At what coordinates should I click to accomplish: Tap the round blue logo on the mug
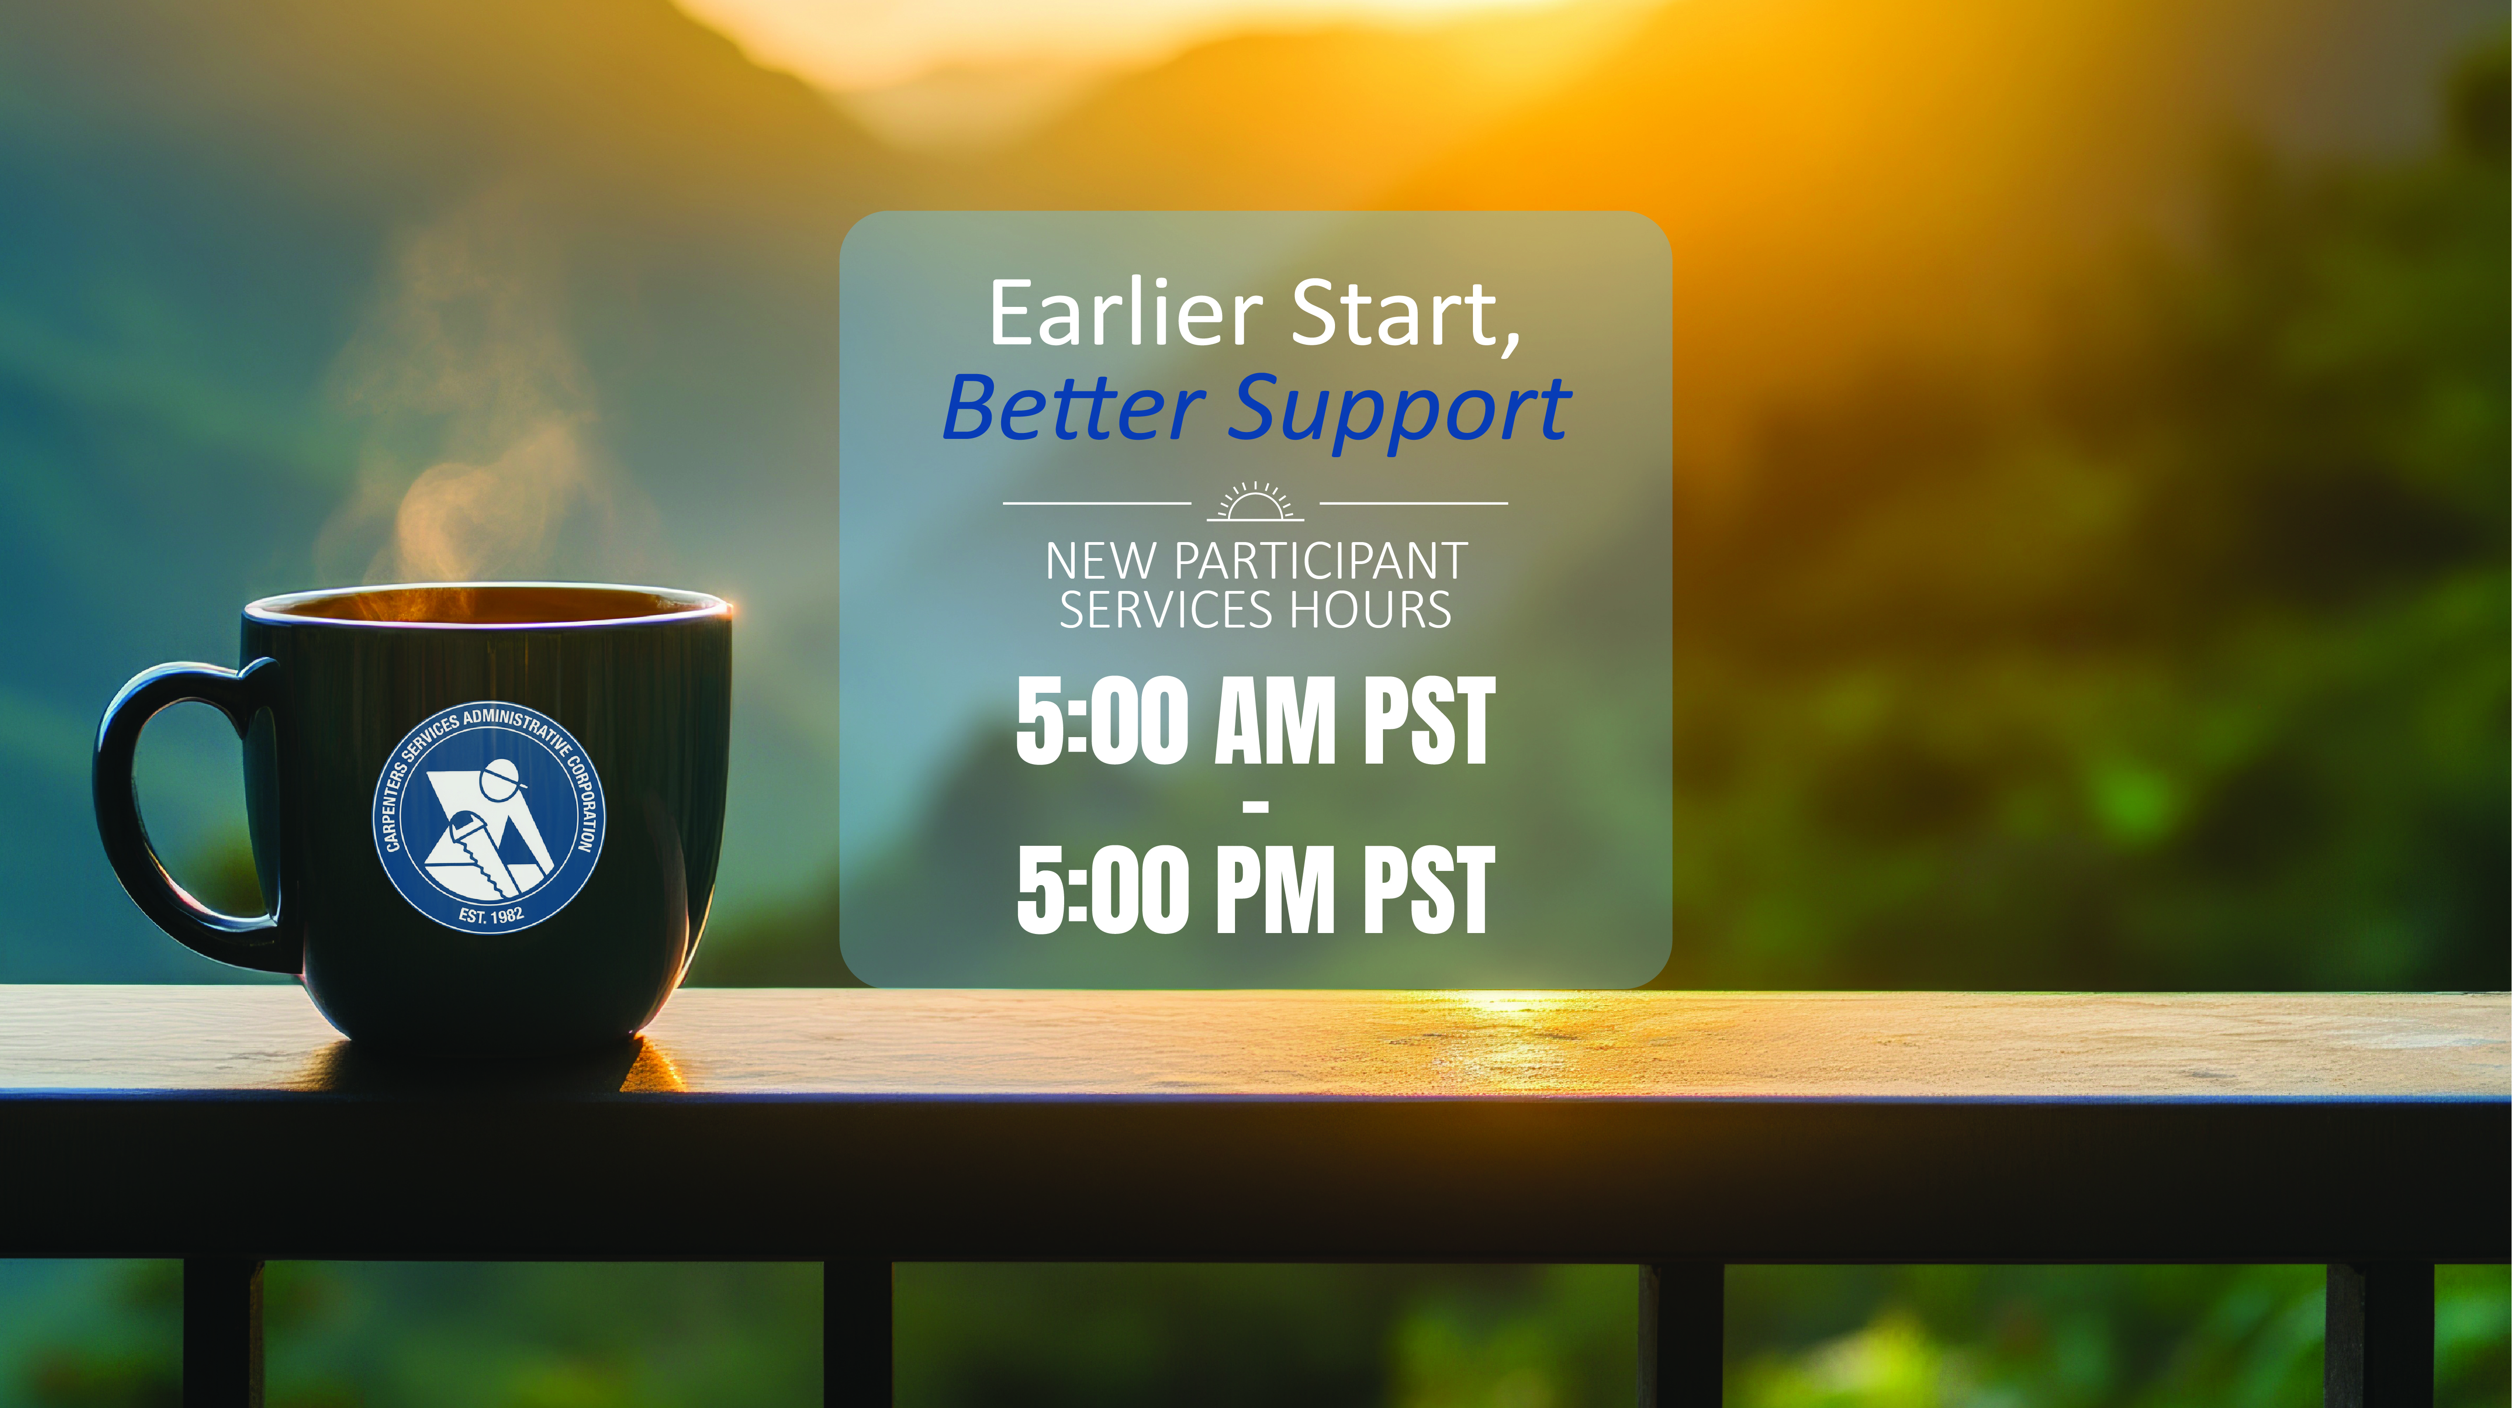point(490,817)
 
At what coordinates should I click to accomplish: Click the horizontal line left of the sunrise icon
point(1097,503)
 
